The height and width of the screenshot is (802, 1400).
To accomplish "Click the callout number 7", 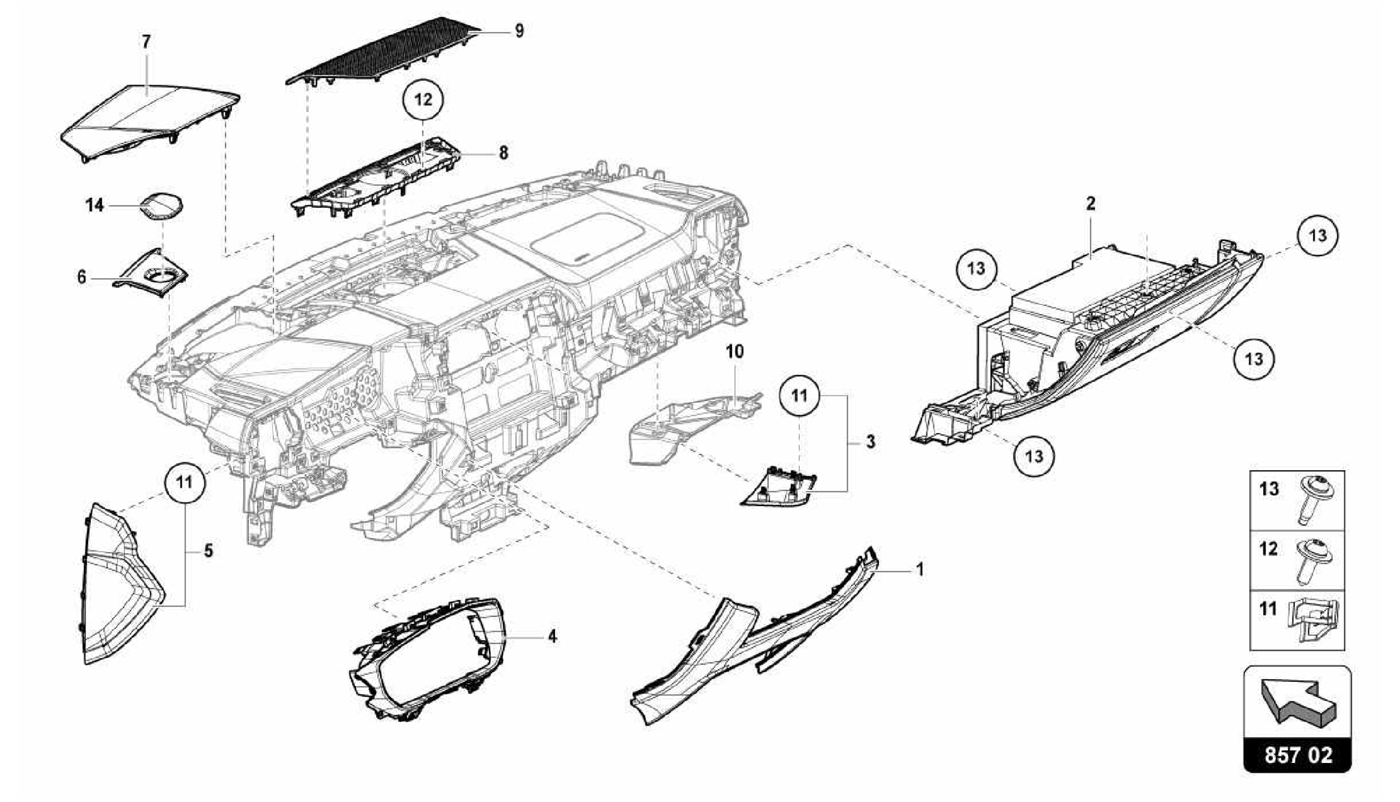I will (146, 42).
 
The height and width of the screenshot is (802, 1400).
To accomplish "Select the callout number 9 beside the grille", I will (520, 31).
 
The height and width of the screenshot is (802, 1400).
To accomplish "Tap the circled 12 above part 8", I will (423, 100).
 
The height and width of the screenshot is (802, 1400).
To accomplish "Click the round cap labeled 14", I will (163, 204).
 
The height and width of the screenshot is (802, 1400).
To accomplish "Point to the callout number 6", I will (82, 277).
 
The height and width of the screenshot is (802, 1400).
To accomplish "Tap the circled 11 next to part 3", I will (799, 396).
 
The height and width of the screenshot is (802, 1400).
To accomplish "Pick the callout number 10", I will (735, 352).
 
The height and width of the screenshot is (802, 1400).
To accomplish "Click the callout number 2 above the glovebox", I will (1091, 204).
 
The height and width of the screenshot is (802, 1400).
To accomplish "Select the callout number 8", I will (503, 153).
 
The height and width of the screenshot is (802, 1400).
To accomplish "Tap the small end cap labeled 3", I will (779, 490).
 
